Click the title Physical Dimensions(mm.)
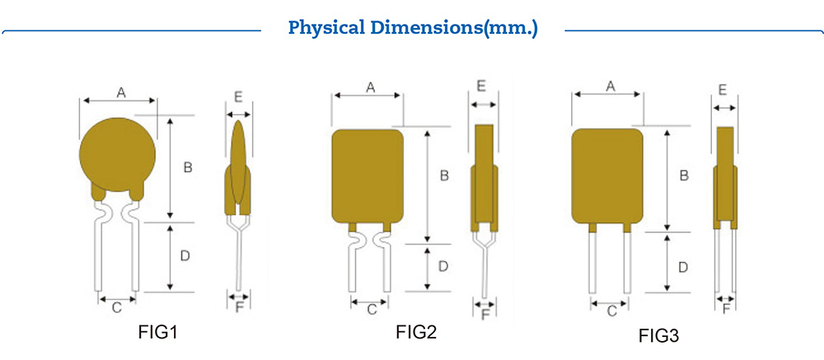tap(412, 28)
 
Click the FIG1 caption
tap(157, 333)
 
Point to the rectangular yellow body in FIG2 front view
tap(368, 175)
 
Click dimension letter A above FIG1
tap(120, 93)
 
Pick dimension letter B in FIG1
tap(187, 167)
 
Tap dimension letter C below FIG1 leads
tap(117, 307)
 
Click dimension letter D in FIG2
tap(442, 266)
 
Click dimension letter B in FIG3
tap(683, 175)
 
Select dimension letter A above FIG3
tap(611, 86)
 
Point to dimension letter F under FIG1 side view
tap(239, 306)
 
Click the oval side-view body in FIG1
tap(239, 161)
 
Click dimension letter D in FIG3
tap(683, 267)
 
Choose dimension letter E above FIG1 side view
tap(238, 97)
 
